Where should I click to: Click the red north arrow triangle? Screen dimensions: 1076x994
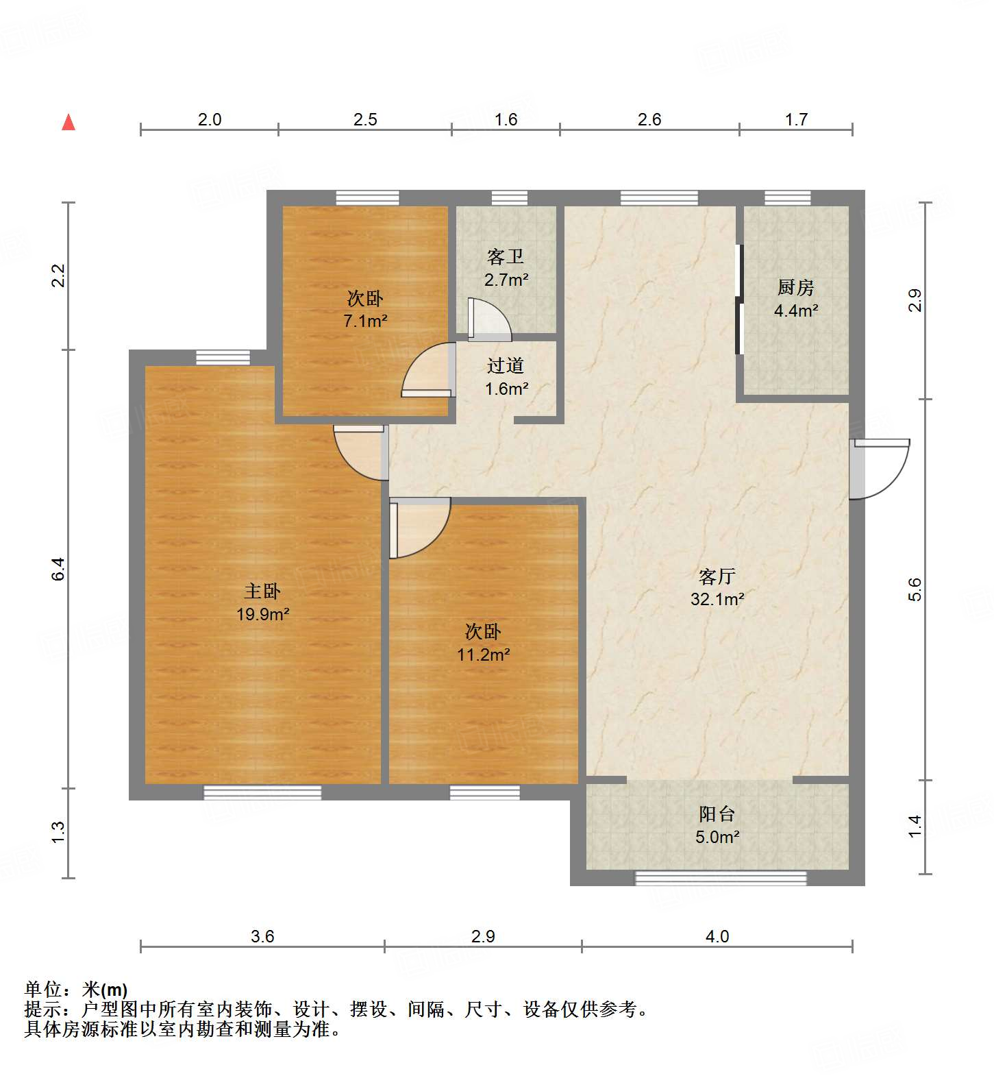pyautogui.click(x=69, y=122)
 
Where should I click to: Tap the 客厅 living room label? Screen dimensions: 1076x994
pyautogui.click(x=717, y=576)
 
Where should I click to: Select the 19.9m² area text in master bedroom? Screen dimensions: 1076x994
pyautogui.click(x=262, y=614)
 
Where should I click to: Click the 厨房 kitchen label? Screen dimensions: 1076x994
pyautogui.click(x=795, y=287)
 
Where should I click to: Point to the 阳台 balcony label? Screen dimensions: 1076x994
pyautogui.click(x=717, y=814)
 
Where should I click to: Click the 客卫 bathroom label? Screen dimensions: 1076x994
pyautogui.click(x=506, y=256)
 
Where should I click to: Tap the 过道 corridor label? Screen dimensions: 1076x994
pyautogui.click(x=506, y=366)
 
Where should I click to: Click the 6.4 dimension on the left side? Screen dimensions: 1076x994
pyautogui.click(x=59, y=569)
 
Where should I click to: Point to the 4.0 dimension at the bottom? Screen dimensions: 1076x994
pyautogui.click(x=717, y=936)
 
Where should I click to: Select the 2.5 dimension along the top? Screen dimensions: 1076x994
pyautogui.click(x=365, y=120)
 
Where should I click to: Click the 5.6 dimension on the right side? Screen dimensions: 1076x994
pyautogui.click(x=915, y=589)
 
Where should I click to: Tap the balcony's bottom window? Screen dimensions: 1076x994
pyautogui.click(x=721, y=877)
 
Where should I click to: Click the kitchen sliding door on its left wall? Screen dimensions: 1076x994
pyautogui.click(x=739, y=299)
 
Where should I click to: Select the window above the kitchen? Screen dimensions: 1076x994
pyautogui.click(x=787, y=198)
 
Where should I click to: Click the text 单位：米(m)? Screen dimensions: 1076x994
pyautogui.click(x=76, y=990)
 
